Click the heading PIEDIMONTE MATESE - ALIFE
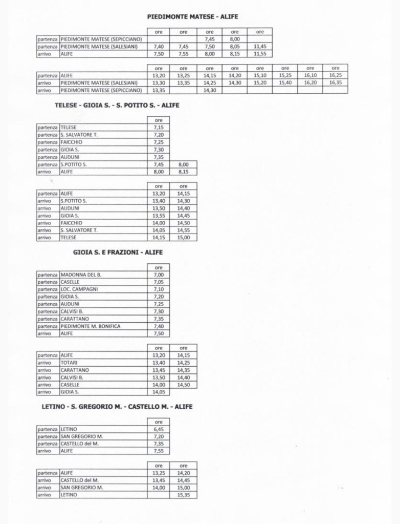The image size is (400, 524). [x=192, y=16]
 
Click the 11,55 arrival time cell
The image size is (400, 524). [x=259, y=53]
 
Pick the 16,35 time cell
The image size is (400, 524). [x=335, y=82]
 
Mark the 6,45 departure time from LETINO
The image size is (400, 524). [x=158, y=429]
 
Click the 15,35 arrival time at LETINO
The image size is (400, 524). [x=183, y=495]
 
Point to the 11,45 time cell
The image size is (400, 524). [x=259, y=46]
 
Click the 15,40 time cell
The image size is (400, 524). [x=285, y=82]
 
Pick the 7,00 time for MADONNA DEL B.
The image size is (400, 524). [x=158, y=275]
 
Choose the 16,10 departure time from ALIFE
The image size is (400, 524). [x=310, y=75]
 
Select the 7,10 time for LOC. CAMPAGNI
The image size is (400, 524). [x=158, y=289]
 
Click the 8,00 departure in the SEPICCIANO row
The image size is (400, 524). [x=235, y=38]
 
